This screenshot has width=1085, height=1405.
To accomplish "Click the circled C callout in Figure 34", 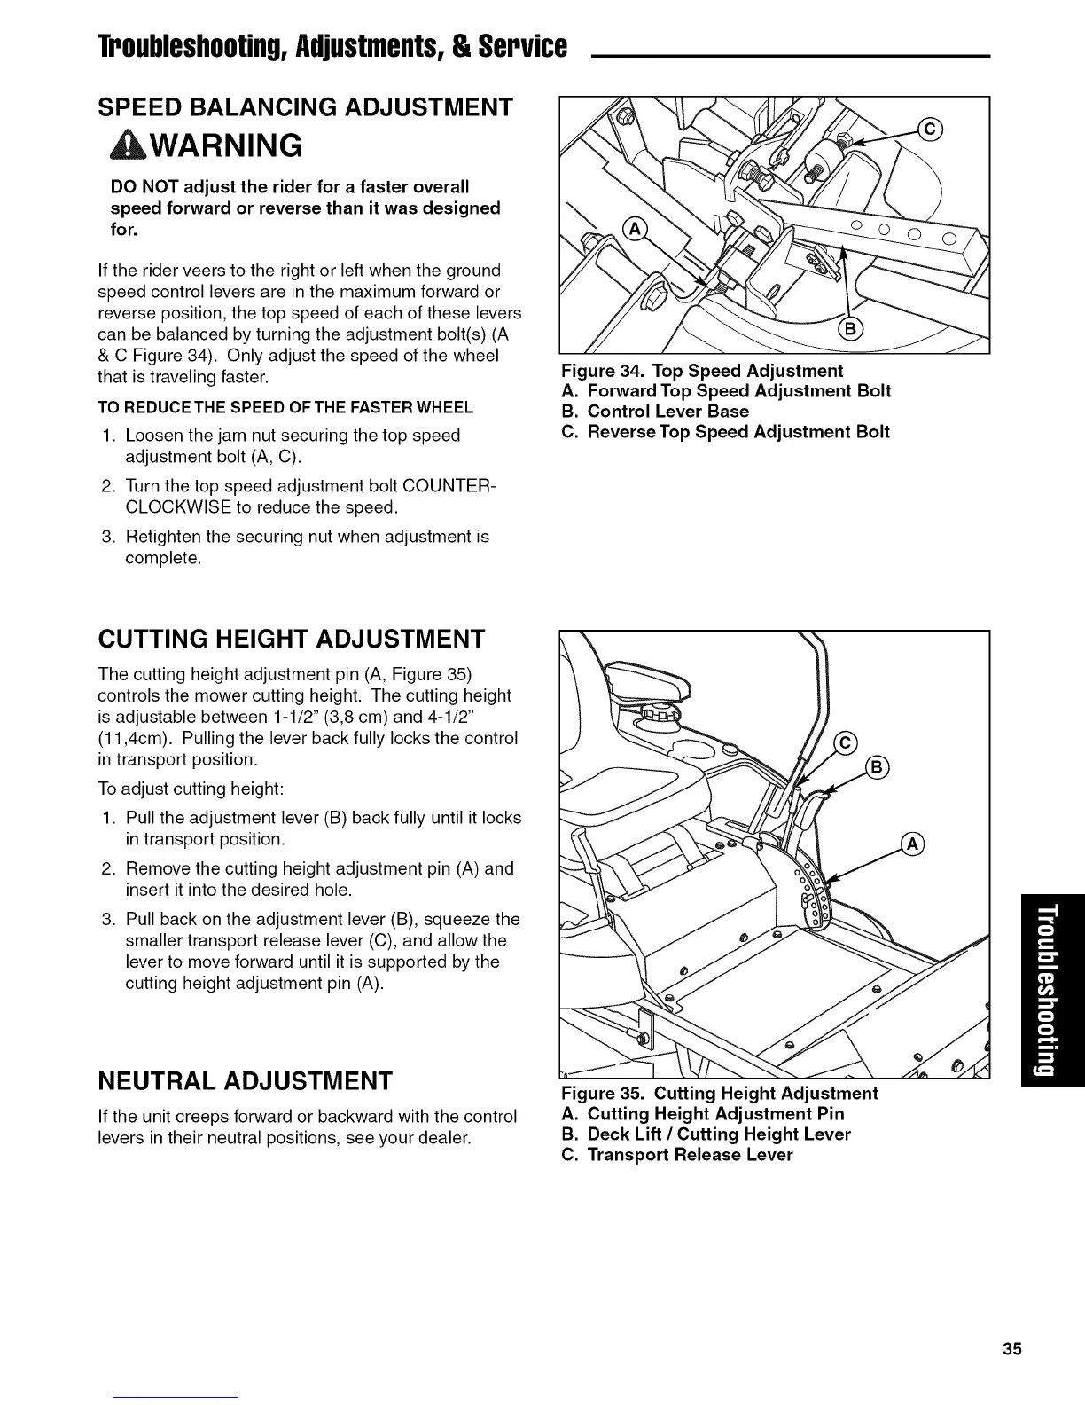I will (x=930, y=128).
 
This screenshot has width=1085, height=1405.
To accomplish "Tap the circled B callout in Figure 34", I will (x=848, y=331).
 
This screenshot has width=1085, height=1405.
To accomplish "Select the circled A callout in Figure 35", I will (x=912, y=843).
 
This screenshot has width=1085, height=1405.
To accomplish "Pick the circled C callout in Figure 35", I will (x=847, y=742).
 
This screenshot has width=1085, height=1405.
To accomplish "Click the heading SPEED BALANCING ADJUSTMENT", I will (x=304, y=106).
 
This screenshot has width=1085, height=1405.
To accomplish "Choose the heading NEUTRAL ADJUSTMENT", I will (x=245, y=1081).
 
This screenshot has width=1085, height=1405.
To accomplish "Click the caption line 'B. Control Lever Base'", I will (x=655, y=412).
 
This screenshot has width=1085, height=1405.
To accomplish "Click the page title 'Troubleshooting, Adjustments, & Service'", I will (x=287, y=46).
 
